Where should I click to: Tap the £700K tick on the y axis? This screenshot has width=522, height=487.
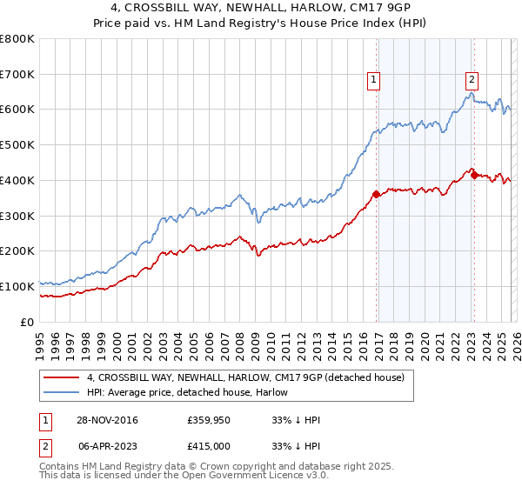tap(17, 75)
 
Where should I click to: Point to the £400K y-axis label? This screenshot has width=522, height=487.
tap(17, 181)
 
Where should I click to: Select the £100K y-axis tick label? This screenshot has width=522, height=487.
tap(17, 286)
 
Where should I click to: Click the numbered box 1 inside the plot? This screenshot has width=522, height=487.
tap(373, 80)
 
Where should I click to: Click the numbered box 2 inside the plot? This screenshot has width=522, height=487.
tap(472, 80)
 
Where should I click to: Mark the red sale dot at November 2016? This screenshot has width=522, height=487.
tap(376, 194)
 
